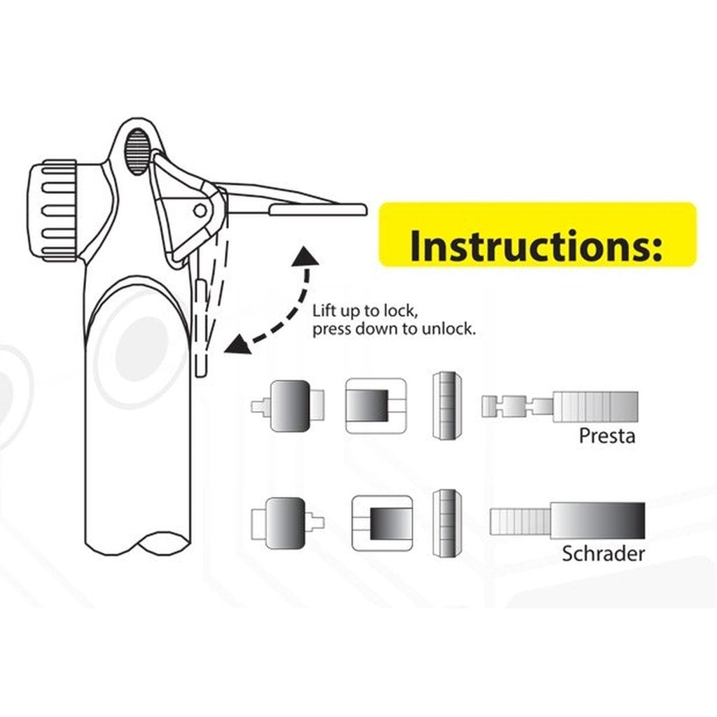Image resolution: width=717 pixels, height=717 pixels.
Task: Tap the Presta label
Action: (606, 436)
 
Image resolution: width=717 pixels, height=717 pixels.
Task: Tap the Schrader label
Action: (603, 554)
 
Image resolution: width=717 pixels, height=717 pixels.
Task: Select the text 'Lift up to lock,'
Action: (366, 310)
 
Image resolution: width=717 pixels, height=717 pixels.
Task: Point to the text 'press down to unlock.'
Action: (394, 328)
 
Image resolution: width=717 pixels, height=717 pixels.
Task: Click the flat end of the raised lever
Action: (319, 209)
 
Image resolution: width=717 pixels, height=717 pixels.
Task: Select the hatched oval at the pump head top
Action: (138, 152)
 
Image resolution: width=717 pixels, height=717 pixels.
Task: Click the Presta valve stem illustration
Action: (560, 406)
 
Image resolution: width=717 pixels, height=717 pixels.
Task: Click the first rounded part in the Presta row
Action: (288, 405)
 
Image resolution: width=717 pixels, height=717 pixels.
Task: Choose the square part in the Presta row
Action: (376, 405)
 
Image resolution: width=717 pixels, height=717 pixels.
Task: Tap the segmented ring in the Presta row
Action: (445, 406)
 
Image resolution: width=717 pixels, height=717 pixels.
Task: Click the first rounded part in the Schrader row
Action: (284, 522)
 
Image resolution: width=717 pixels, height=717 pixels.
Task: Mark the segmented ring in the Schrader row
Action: (446, 523)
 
